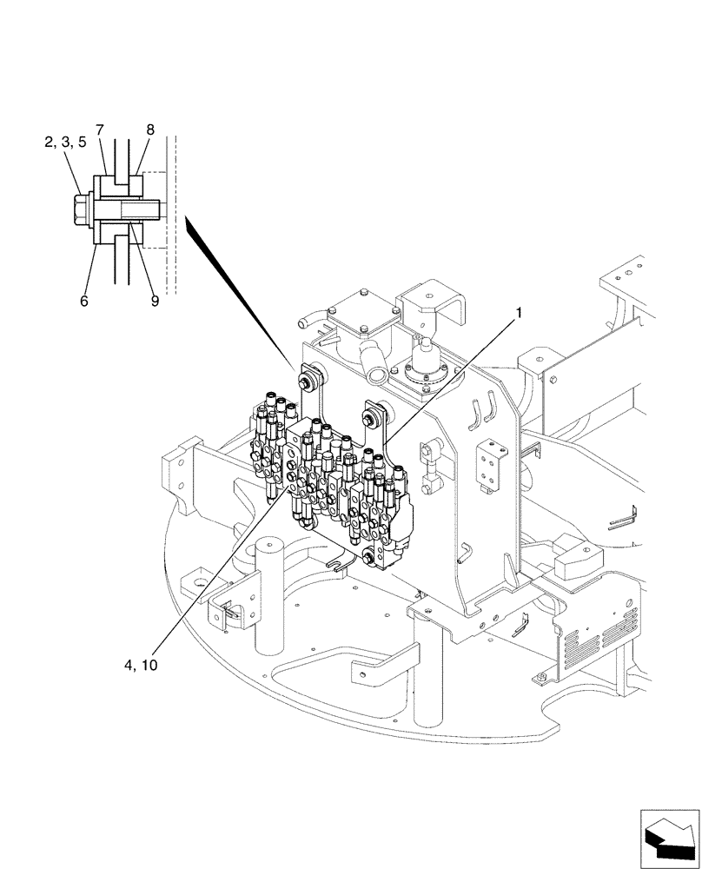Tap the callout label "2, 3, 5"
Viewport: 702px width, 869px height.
pos(64,143)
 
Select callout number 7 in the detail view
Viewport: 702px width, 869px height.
pos(100,130)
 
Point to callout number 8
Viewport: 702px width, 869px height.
pos(150,130)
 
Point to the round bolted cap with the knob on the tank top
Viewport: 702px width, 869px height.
pos(426,365)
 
